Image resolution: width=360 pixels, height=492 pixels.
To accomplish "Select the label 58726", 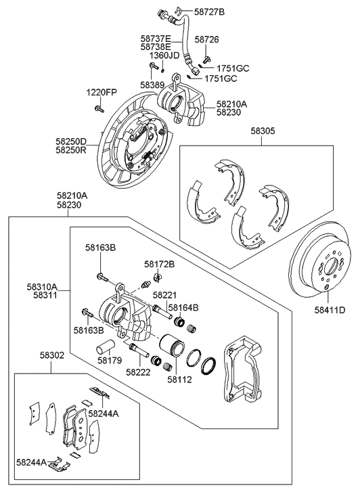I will click(207, 40).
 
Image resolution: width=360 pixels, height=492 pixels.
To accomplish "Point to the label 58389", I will click(152, 85).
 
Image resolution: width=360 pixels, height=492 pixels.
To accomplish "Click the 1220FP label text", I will click(101, 92).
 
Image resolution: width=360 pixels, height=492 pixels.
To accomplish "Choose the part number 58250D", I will click(71, 141).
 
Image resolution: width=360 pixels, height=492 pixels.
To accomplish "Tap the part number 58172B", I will click(159, 264).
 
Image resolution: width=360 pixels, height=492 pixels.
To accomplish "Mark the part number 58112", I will click(179, 380).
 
